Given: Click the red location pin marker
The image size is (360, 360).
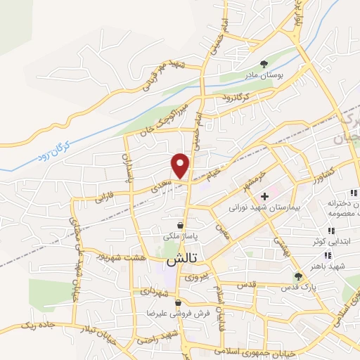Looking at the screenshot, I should coord(181,165).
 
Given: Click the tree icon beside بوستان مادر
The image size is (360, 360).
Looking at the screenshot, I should coord(264,62).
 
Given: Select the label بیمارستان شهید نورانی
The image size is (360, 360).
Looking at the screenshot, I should coord(264,209).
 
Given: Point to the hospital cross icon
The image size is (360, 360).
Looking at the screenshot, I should coord(264,196).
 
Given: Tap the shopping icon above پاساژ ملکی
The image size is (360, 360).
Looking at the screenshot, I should coord(181,225).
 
